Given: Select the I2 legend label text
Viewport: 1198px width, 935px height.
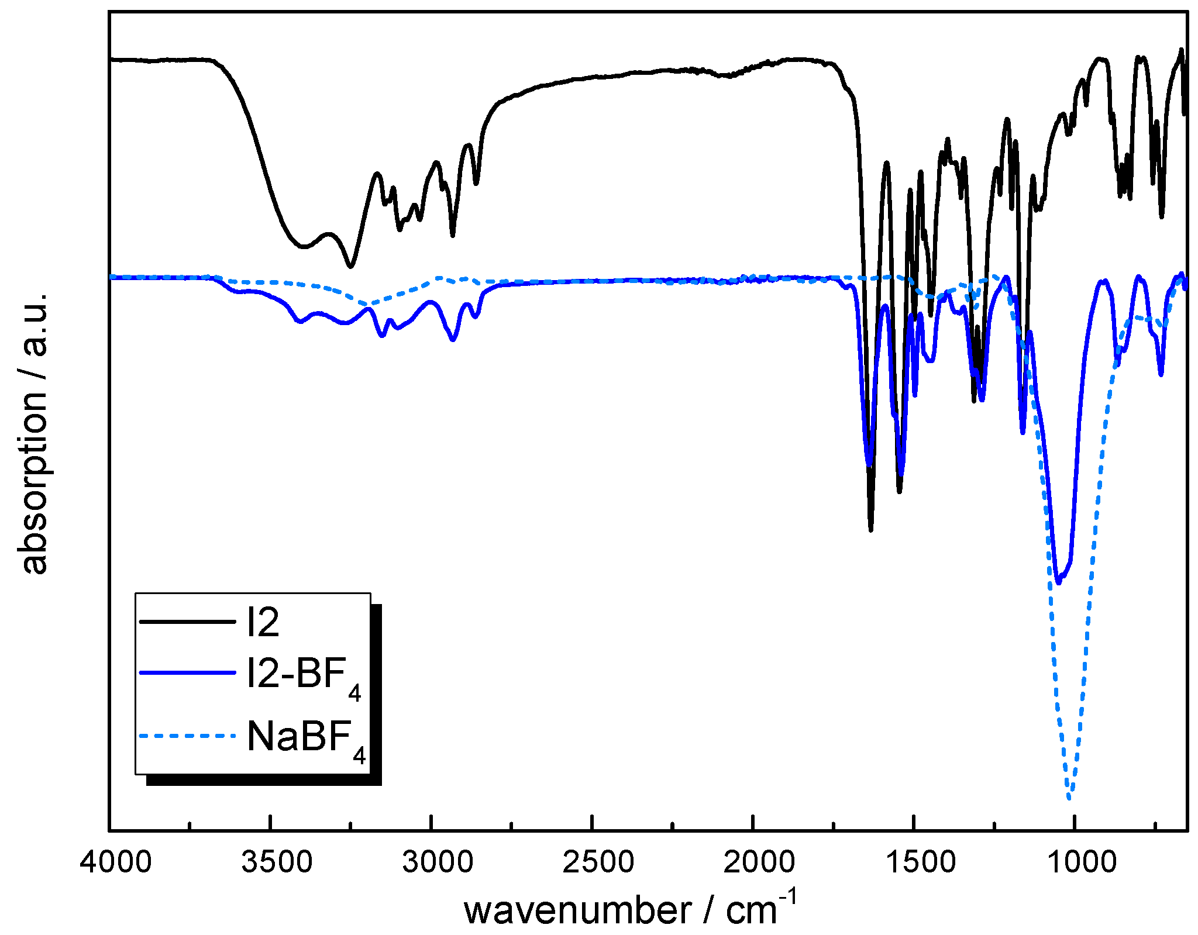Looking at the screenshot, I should [x=263, y=622].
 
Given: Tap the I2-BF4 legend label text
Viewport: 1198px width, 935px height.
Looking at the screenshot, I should [x=304, y=676].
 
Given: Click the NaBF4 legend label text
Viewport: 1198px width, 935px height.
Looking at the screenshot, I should [x=306, y=739].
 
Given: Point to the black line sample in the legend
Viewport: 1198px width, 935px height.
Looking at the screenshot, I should [x=187, y=622].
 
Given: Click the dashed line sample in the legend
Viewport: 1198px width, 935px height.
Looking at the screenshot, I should [x=187, y=736].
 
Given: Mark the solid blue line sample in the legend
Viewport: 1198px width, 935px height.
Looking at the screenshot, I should [x=187, y=673].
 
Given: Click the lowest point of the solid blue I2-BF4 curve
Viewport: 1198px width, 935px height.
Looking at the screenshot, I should [x=1058, y=583].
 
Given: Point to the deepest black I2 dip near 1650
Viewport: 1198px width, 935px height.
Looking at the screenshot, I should [x=871, y=530].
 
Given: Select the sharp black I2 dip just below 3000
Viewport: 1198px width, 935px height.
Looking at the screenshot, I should [x=453, y=236].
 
